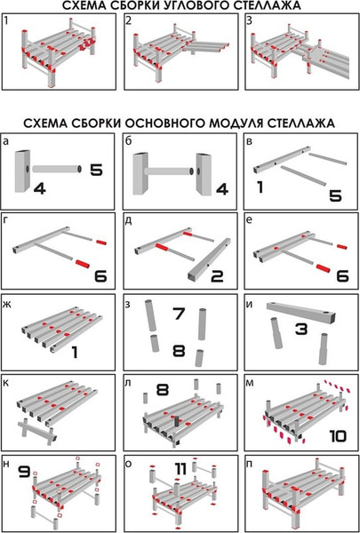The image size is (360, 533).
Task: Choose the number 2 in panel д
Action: pos(215,275)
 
